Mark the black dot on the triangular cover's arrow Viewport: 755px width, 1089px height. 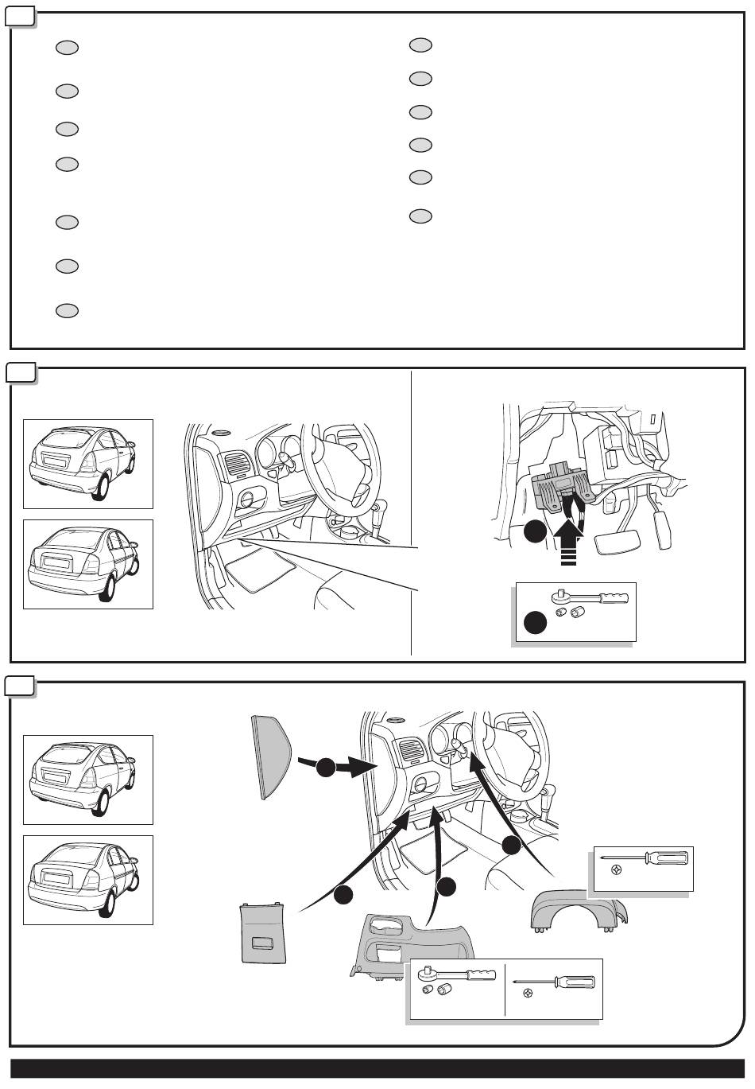click(x=325, y=768)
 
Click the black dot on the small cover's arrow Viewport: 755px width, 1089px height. click(x=343, y=895)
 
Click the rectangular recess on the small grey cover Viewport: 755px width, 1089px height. click(x=261, y=944)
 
